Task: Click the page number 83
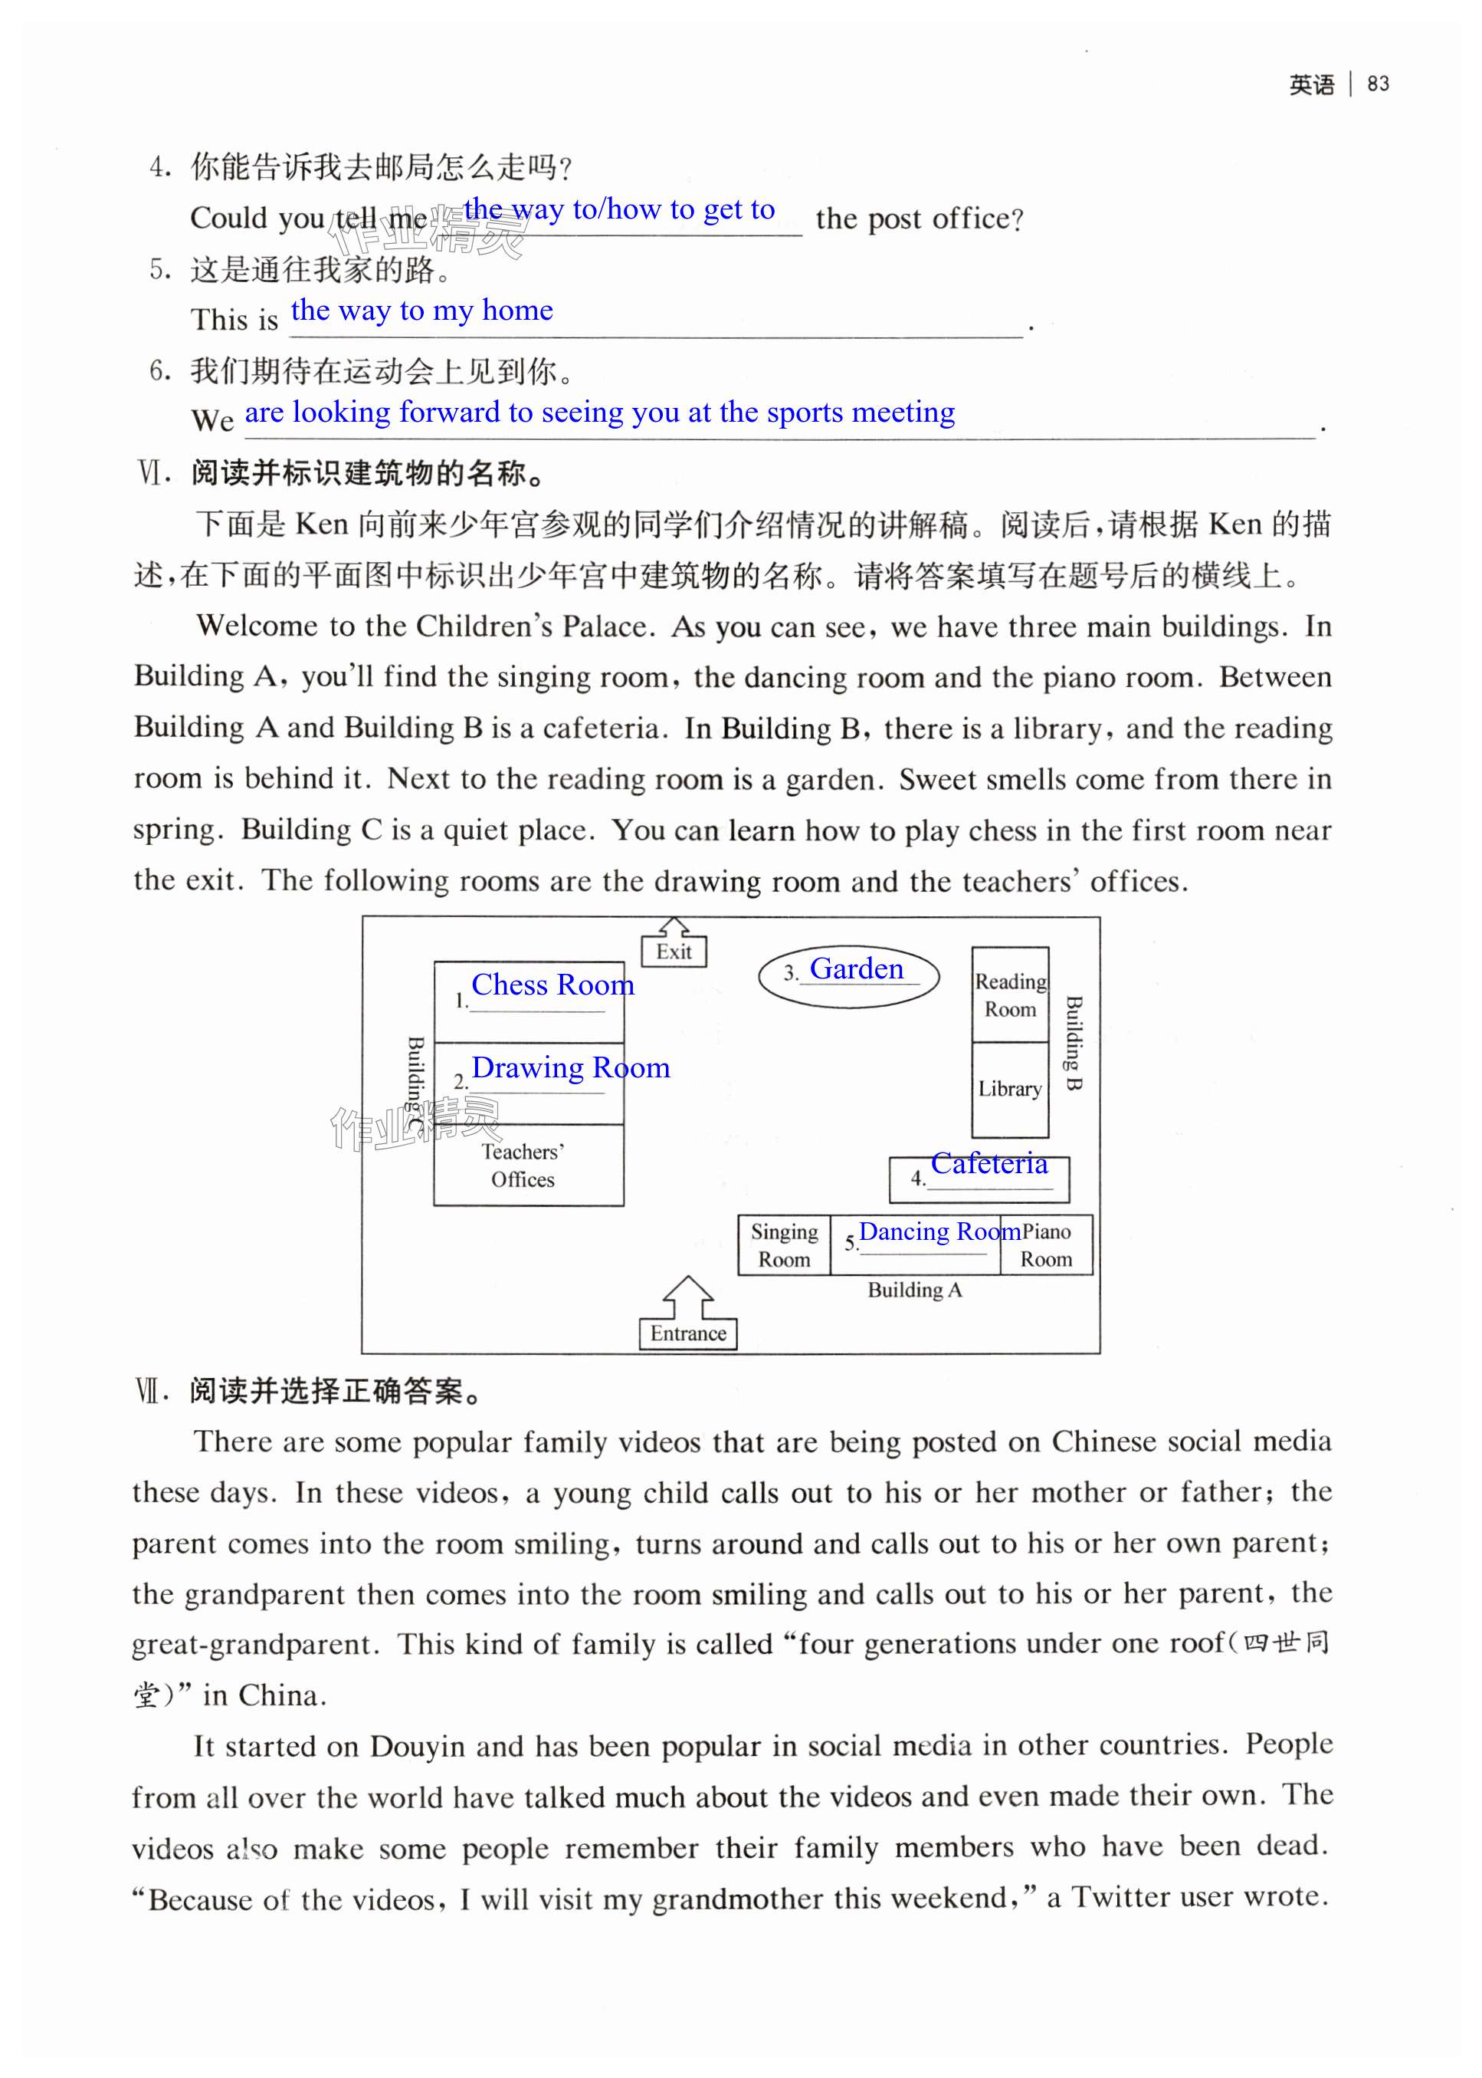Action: (x=1377, y=84)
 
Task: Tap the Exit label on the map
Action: (x=674, y=952)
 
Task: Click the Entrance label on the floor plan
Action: (x=688, y=1333)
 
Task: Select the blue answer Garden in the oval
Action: (x=856, y=968)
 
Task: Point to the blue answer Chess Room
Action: (x=552, y=985)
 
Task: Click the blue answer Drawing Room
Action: (x=570, y=1067)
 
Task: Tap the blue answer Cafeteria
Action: (x=989, y=1163)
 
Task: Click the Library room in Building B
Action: (x=1009, y=1088)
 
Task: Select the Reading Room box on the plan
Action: (x=1009, y=995)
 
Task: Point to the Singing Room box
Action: (x=784, y=1244)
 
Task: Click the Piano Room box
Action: (x=1046, y=1244)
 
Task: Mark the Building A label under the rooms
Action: (x=914, y=1289)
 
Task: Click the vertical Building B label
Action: (x=1074, y=1044)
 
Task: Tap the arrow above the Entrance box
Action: (x=687, y=1294)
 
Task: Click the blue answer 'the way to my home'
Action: (x=421, y=311)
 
